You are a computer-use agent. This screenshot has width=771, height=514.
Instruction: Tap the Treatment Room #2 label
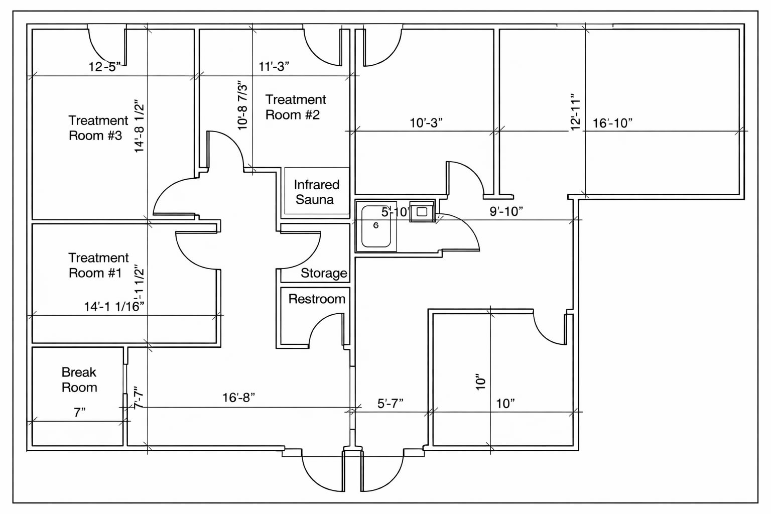tap(295, 107)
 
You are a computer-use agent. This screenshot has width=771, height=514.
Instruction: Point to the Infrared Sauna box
tap(316, 192)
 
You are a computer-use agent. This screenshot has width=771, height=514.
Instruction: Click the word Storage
tap(324, 273)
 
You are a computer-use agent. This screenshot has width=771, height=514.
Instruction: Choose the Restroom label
tap(317, 299)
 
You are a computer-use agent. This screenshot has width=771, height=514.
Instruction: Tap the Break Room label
tap(79, 379)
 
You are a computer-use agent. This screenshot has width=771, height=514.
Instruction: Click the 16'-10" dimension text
tap(612, 123)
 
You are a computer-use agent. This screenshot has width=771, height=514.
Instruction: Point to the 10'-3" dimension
tap(426, 123)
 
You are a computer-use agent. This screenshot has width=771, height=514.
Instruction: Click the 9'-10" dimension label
tap(506, 211)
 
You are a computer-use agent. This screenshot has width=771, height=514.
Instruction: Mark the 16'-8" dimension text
tap(238, 398)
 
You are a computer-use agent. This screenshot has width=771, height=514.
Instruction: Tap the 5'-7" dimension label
tap(390, 404)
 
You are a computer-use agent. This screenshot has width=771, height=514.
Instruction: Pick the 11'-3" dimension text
tap(274, 66)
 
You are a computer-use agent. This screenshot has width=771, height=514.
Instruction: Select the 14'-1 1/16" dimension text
tap(114, 307)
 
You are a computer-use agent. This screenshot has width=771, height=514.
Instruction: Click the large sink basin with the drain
tap(376, 226)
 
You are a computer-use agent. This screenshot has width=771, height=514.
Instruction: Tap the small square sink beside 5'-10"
tap(422, 212)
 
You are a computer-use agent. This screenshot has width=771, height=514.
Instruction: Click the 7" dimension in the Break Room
tap(79, 413)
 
